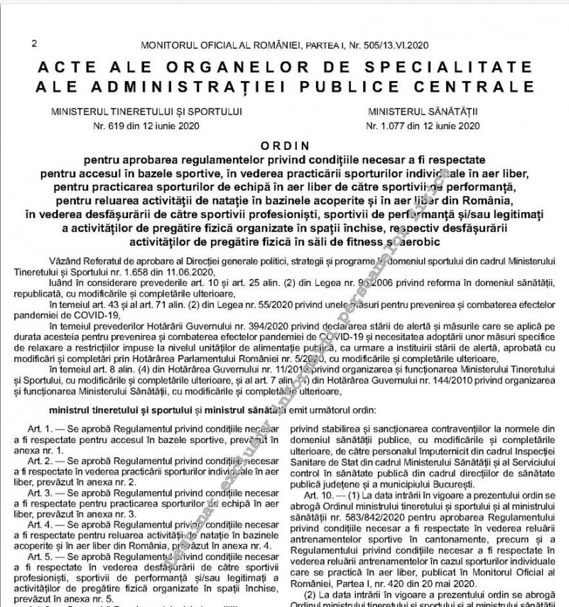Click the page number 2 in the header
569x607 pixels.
(34, 44)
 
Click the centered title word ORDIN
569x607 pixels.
(284, 143)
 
